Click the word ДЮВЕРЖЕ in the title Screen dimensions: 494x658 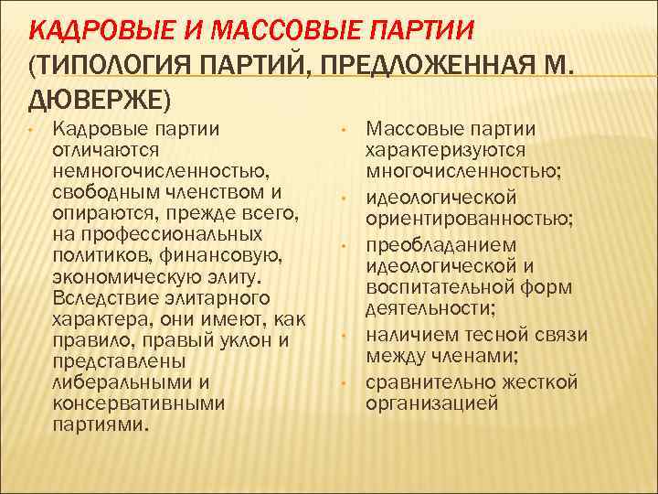click(x=94, y=96)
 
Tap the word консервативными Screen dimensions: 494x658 click(x=138, y=403)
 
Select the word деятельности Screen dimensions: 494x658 click(x=430, y=309)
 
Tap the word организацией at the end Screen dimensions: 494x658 click(x=431, y=402)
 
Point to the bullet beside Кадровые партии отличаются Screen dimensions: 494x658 click(x=31, y=129)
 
